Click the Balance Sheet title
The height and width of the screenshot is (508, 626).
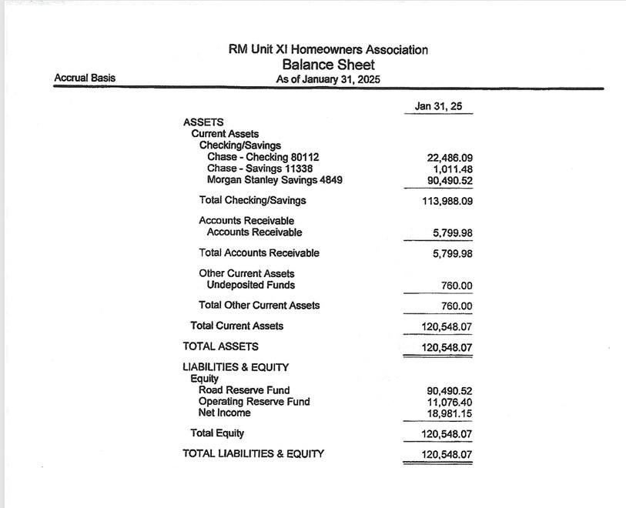tap(328, 65)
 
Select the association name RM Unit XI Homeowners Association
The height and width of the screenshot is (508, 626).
tap(328, 50)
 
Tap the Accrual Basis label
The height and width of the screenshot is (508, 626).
tap(85, 78)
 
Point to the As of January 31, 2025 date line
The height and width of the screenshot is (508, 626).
tap(328, 79)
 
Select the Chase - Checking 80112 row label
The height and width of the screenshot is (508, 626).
tap(263, 157)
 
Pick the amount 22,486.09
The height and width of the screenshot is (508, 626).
tap(444, 158)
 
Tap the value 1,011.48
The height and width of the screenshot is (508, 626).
tap(449, 169)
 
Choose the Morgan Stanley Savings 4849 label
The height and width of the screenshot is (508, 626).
tap(275, 180)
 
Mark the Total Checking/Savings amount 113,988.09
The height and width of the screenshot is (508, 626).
tap(441, 202)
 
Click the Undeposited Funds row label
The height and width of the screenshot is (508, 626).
tap(250, 285)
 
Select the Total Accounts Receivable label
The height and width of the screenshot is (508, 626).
tap(259, 252)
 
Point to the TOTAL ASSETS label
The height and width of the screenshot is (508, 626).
tap(220, 346)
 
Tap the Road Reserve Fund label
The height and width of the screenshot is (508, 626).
tap(244, 390)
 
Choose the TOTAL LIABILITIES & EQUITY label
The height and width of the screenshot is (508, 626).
tap(253, 453)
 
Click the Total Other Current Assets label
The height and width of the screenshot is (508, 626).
tap(259, 305)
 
